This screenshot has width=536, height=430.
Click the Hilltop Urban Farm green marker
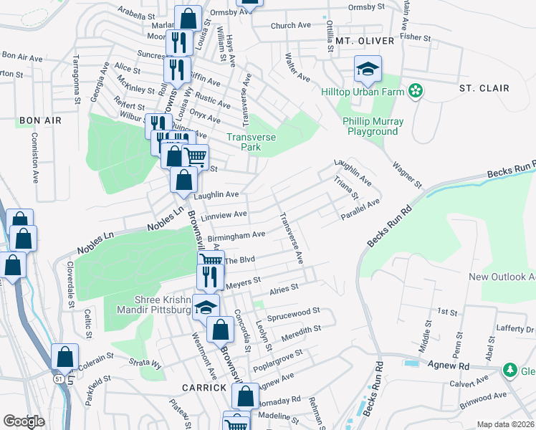click(415, 91)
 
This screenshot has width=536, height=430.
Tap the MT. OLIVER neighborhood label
click(365, 42)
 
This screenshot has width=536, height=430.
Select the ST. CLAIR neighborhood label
click(484, 88)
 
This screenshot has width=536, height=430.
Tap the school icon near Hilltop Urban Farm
click(368, 69)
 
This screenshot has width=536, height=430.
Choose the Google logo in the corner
click(24, 421)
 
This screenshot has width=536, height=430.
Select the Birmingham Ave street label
click(236, 236)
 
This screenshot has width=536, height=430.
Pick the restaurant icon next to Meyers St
click(209, 277)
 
